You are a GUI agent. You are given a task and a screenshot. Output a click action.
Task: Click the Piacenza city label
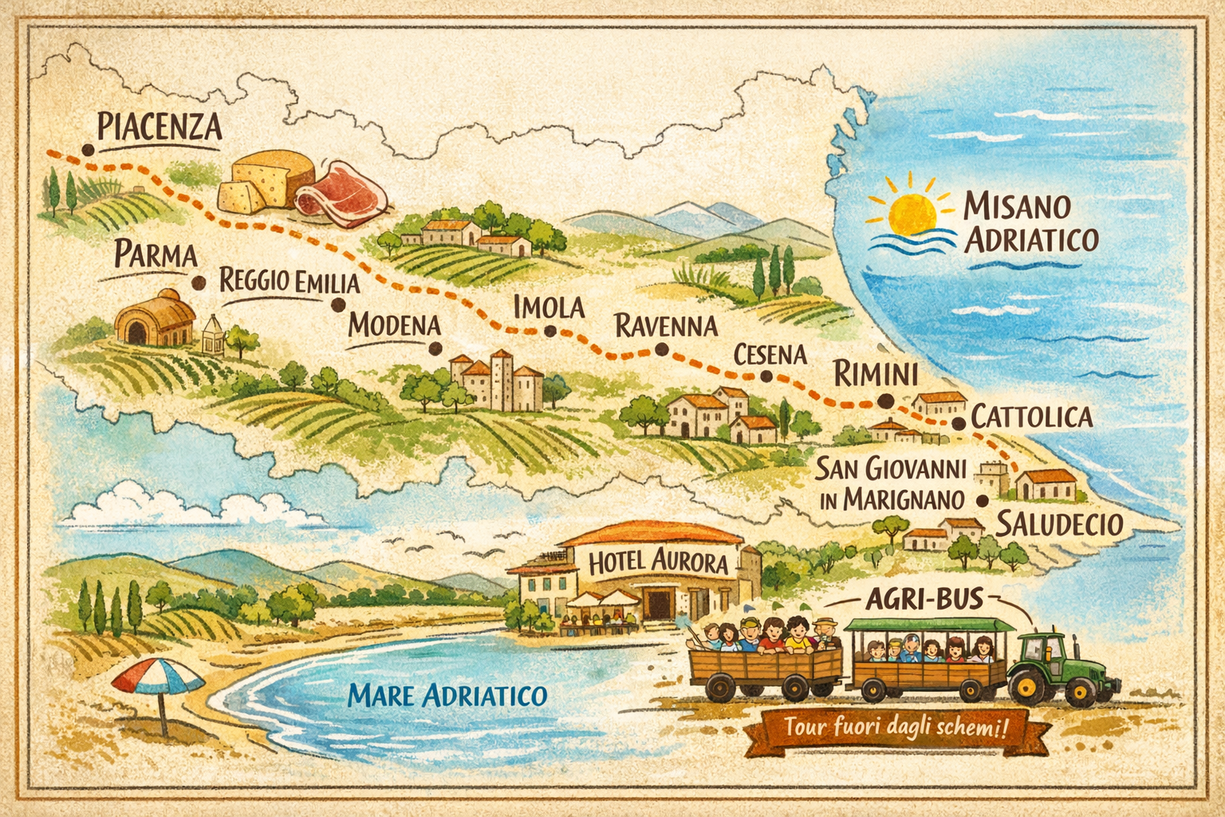[x=159, y=128]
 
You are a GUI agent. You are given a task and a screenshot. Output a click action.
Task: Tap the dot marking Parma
[x=199, y=282]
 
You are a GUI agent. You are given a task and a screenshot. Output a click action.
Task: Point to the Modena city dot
[x=435, y=348]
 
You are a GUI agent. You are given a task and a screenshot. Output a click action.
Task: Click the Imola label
[x=549, y=308]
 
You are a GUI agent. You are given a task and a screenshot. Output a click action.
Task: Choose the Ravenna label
[x=666, y=326]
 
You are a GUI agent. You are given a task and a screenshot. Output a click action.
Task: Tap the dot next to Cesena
[x=766, y=377]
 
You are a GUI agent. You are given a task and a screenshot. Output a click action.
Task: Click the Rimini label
[x=875, y=373]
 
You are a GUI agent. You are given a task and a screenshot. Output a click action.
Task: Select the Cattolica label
[x=1031, y=416]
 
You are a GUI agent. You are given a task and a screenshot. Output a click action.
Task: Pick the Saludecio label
[x=1059, y=524]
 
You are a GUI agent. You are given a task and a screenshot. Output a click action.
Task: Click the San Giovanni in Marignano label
[x=892, y=483]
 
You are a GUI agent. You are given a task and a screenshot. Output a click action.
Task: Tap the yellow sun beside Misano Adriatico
[x=912, y=212]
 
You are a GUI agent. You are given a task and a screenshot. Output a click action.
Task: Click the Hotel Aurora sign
[x=658, y=562]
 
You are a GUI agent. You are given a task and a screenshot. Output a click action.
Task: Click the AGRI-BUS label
[x=924, y=599]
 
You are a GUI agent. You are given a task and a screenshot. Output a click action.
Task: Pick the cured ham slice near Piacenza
[x=343, y=194]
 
